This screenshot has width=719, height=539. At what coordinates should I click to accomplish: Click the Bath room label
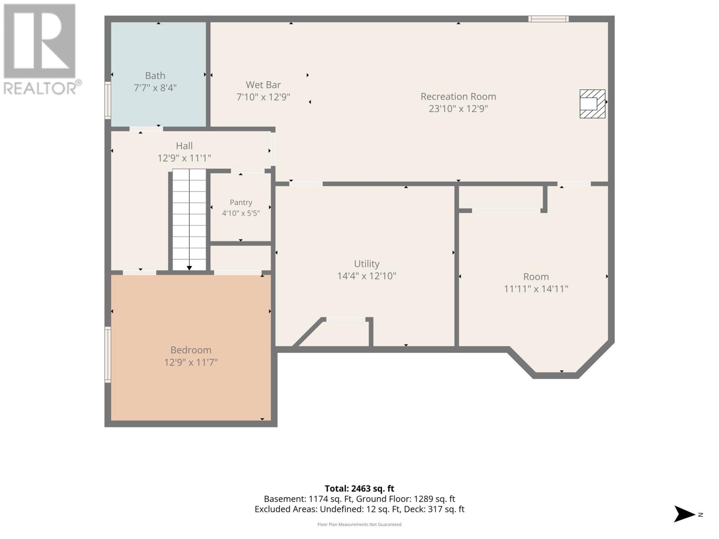155,75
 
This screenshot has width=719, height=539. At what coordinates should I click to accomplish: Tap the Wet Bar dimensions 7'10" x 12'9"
263,97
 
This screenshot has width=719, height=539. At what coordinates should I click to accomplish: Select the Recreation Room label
458,97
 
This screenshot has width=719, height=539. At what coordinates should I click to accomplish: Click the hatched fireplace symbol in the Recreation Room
592,104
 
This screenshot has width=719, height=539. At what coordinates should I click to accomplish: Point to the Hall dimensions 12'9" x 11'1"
184,159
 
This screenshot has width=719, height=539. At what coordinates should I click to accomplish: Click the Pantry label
241,203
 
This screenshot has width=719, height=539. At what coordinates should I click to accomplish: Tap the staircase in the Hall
189,220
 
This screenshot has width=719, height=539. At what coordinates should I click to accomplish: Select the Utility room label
367,264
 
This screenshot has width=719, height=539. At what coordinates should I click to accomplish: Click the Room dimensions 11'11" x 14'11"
536,289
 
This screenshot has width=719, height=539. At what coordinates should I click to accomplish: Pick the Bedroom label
191,350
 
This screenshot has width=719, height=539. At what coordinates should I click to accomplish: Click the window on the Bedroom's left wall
108,354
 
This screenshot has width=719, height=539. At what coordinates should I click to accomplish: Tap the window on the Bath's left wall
108,100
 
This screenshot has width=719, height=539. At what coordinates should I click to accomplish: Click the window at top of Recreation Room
548,19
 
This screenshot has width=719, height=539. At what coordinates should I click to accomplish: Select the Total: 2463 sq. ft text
359,489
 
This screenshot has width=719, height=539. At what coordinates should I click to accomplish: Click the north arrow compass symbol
684,514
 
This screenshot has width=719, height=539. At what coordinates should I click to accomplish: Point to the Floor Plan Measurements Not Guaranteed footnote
359,524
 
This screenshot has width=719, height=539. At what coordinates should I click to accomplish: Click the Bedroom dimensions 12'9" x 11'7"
191,362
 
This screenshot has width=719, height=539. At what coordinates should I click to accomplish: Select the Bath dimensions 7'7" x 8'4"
155,88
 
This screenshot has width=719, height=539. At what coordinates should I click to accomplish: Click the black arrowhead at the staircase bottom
189,268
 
